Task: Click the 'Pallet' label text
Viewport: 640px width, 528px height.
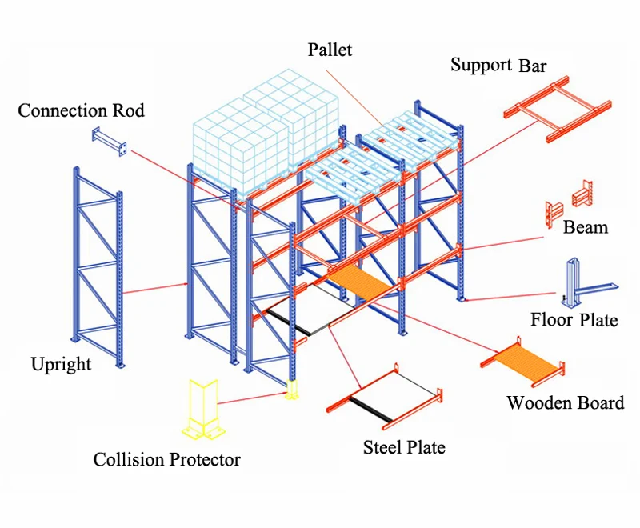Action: [x=330, y=50]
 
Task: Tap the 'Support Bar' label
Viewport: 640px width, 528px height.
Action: [x=498, y=65]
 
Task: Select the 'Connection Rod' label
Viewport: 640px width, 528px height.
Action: [x=81, y=110]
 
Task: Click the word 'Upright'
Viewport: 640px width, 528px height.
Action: [x=61, y=365]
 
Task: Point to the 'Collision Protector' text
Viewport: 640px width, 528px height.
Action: [x=166, y=459]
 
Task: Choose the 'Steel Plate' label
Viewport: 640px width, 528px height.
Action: [x=404, y=447]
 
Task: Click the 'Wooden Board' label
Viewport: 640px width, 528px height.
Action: [x=565, y=402]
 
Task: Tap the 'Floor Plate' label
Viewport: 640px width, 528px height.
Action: [x=574, y=320]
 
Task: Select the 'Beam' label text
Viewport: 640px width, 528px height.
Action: [x=585, y=227]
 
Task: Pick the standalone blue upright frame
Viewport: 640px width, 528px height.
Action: [x=98, y=264]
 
